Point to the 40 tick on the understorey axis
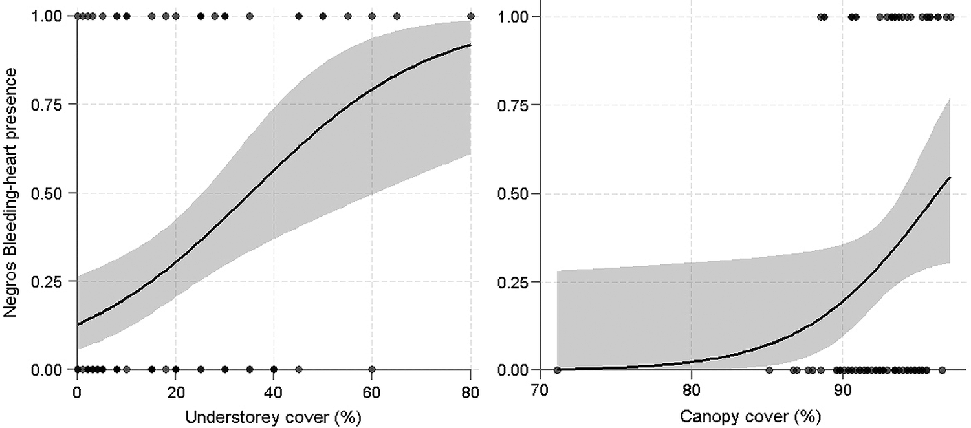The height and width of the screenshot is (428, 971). coord(274,392)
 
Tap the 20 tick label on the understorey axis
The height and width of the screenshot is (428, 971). coord(175,392)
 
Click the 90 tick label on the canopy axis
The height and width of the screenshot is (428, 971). coord(842,392)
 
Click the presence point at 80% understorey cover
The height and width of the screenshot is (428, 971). coord(471,16)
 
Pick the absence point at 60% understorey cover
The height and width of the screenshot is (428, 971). coord(372,370)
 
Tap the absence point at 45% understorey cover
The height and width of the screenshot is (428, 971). coord(298,370)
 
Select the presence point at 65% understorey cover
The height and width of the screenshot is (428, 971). coord(397,16)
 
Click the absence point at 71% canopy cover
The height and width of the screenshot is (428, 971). coord(557,370)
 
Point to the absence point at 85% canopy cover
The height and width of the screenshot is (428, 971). coord(769,370)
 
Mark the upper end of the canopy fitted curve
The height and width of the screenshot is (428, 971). coord(950,177)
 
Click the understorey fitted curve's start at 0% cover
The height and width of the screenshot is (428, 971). coord(78,324)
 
